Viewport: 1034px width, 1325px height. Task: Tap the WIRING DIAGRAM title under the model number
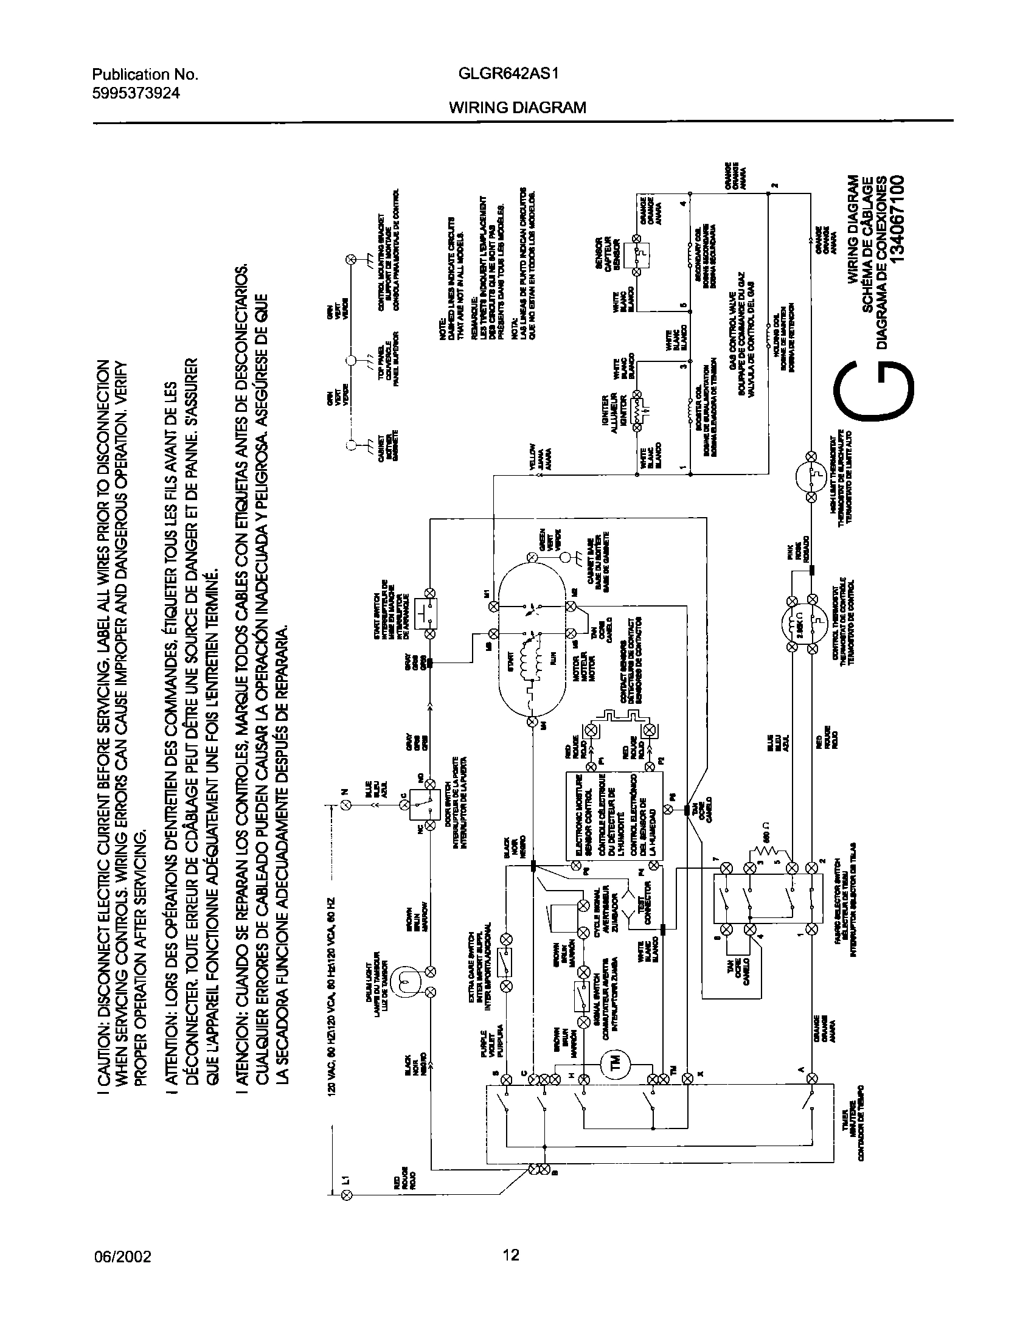[518, 108]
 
